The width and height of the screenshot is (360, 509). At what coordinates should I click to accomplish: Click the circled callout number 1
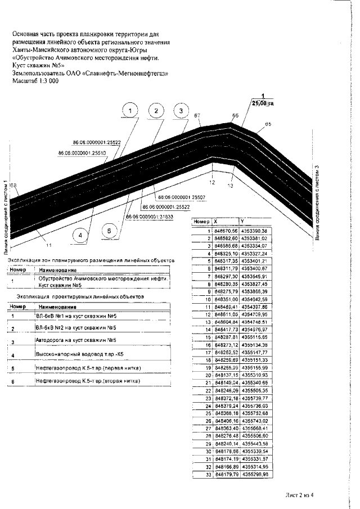130,111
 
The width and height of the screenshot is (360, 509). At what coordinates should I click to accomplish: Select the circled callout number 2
155,111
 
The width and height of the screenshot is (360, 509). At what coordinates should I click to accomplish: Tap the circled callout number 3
181,111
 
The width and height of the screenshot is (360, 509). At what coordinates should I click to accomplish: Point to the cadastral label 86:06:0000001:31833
149,217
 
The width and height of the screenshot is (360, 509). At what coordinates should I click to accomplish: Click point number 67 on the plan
197,116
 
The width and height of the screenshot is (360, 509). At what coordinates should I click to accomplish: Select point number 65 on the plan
268,124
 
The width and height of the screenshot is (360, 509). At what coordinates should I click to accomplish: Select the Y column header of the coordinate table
242,222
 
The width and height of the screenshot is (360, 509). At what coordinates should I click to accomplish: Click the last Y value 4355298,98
255,475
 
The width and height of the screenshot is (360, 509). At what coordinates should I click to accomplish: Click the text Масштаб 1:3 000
35,81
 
